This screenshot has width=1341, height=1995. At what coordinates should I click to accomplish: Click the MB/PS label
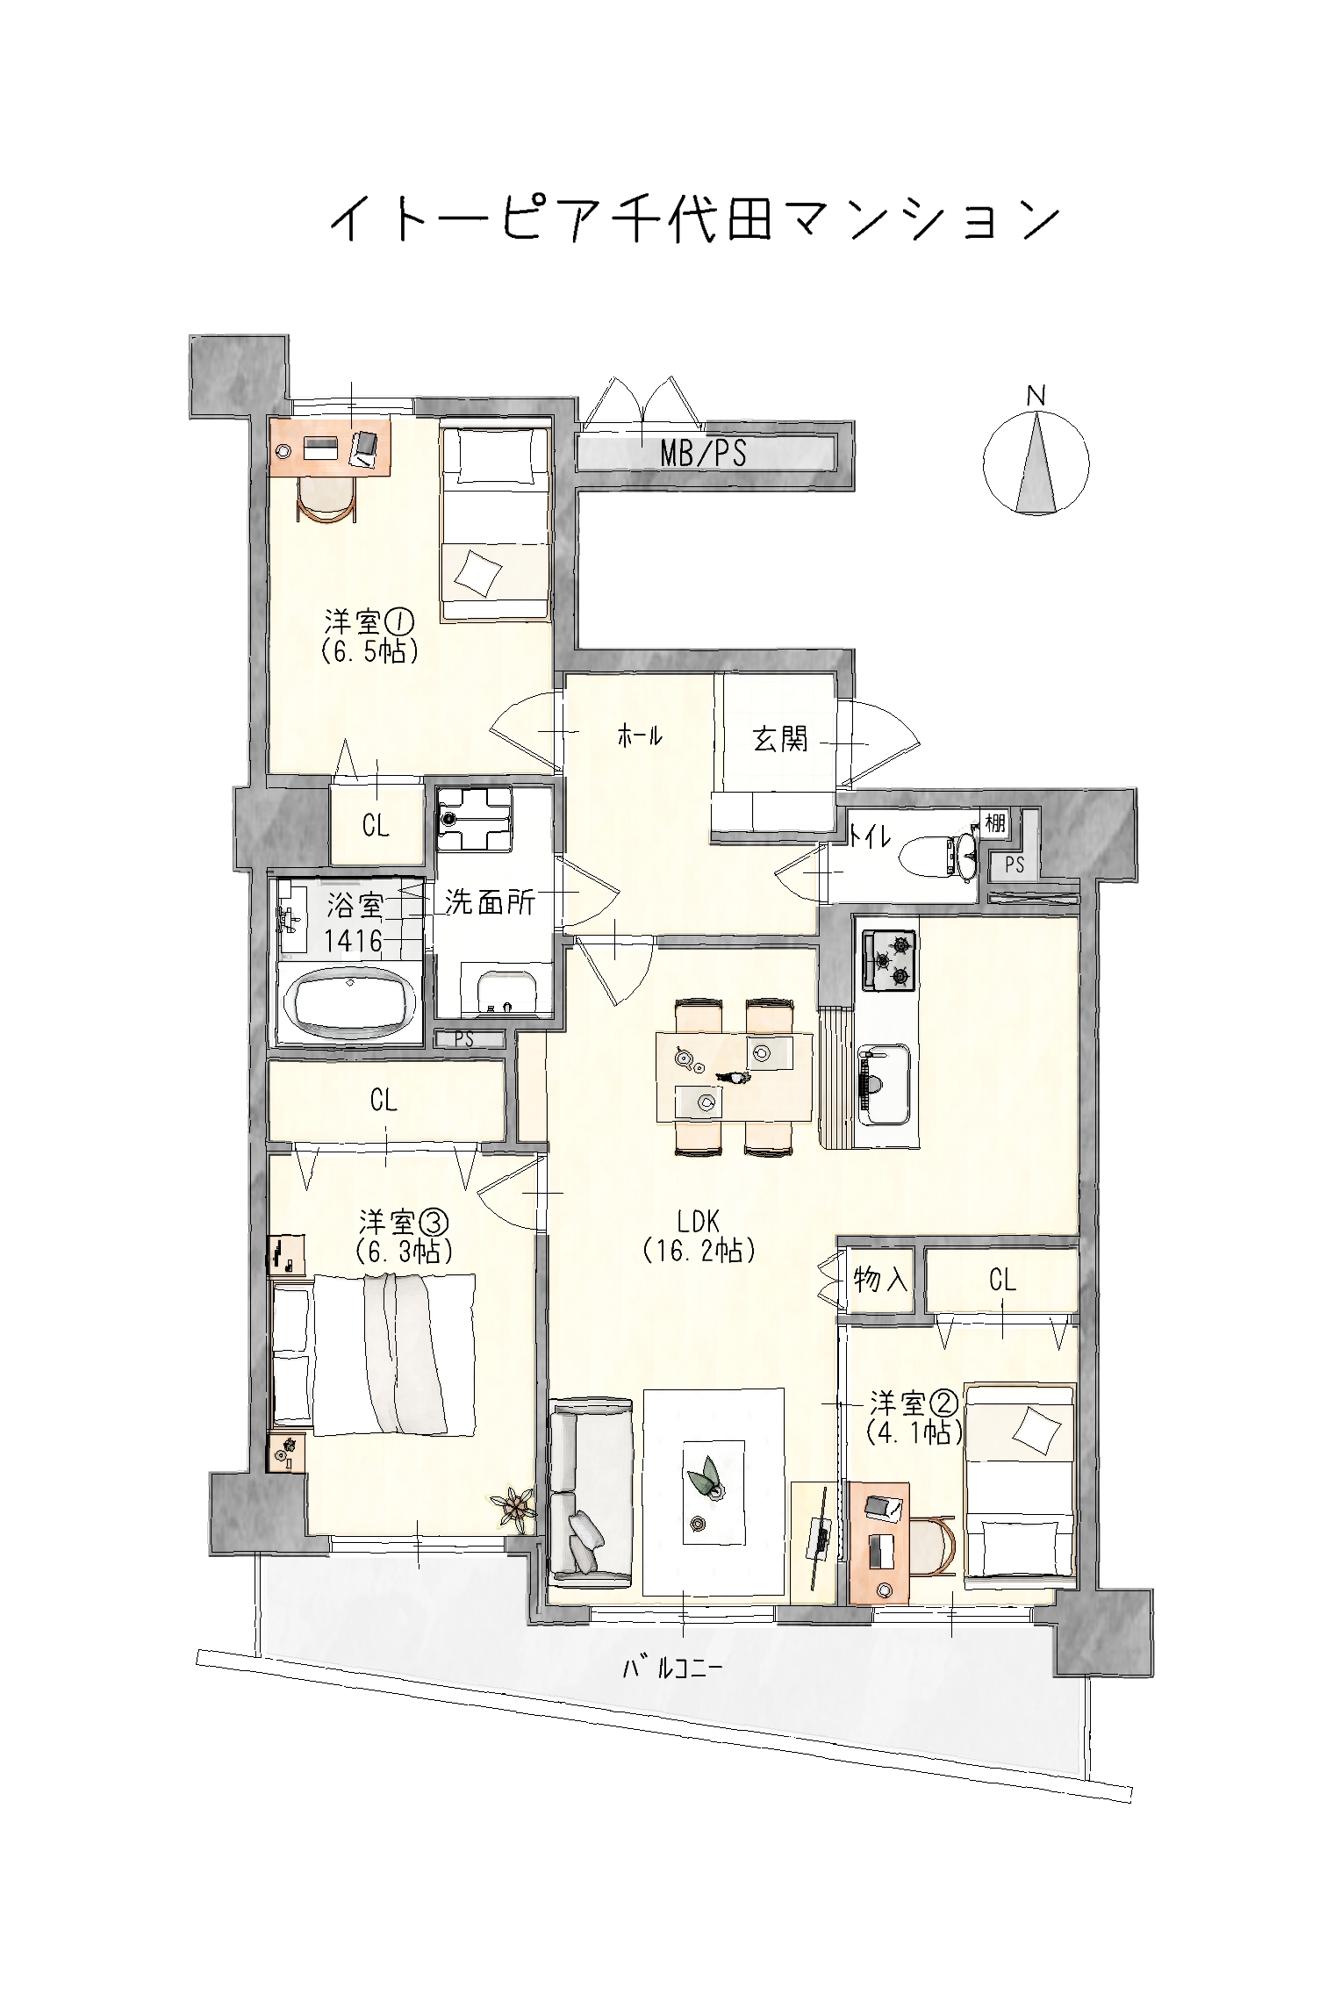(x=703, y=453)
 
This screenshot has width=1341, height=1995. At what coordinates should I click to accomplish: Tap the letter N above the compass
(x=1036, y=397)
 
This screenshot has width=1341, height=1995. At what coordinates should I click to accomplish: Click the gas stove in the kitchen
(x=889, y=960)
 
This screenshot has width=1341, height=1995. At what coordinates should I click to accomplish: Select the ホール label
(x=640, y=736)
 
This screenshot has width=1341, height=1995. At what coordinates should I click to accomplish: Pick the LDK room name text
(x=699, y=1220)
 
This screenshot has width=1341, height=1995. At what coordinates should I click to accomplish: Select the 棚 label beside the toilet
(x=994, y=822)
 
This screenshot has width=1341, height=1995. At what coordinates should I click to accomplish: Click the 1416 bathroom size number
(x=354, y=941)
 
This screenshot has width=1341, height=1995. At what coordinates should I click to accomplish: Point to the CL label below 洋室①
(x=376, y=825)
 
